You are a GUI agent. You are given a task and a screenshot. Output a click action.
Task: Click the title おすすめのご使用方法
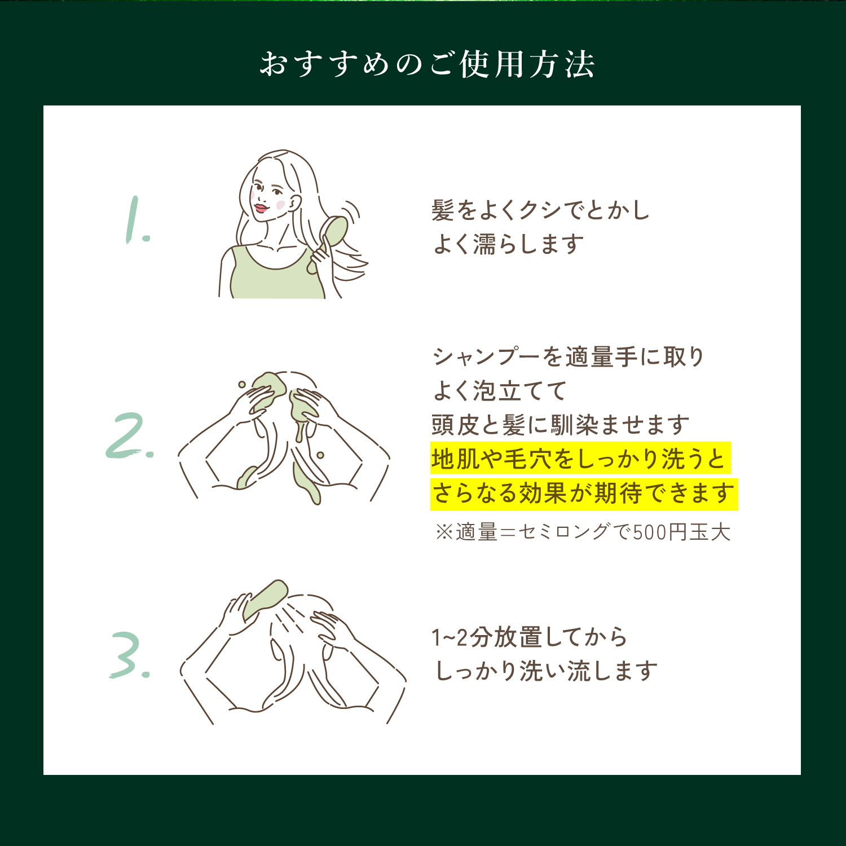tap(427, 64)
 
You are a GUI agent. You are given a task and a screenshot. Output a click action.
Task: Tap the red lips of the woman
tap(260, 208)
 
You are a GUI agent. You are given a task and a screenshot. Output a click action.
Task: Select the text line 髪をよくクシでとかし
tap(540, 210)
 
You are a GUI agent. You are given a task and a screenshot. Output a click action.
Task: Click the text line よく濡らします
tap(508, 244)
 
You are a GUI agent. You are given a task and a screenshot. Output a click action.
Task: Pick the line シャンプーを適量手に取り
tap(569, 356)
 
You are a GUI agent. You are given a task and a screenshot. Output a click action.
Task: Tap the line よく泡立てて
tap(500, 390)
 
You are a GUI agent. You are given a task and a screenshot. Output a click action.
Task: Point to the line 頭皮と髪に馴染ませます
tap(561, 425)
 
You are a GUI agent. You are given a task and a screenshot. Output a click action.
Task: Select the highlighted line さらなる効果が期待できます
tap(583, 493)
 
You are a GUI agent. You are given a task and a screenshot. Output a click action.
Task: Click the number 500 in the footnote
tap(650, 532)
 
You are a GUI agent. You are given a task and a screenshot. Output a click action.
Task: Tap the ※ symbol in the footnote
tap(444, 532)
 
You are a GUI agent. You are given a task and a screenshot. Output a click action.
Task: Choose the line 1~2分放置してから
tap(529, 637)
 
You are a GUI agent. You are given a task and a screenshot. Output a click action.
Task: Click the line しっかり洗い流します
tap(546, 671)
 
